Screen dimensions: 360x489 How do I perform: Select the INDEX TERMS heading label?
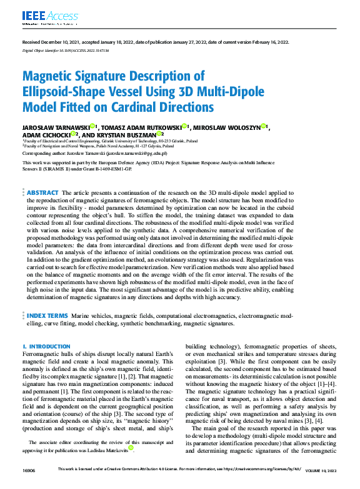pos(47,317)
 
